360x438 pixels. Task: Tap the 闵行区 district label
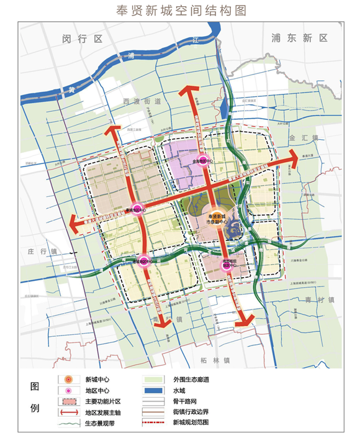[81, 39]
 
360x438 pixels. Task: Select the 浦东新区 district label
[299, 39]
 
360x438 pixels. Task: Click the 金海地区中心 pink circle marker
[202, 160]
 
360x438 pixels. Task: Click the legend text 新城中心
[98, 380]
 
